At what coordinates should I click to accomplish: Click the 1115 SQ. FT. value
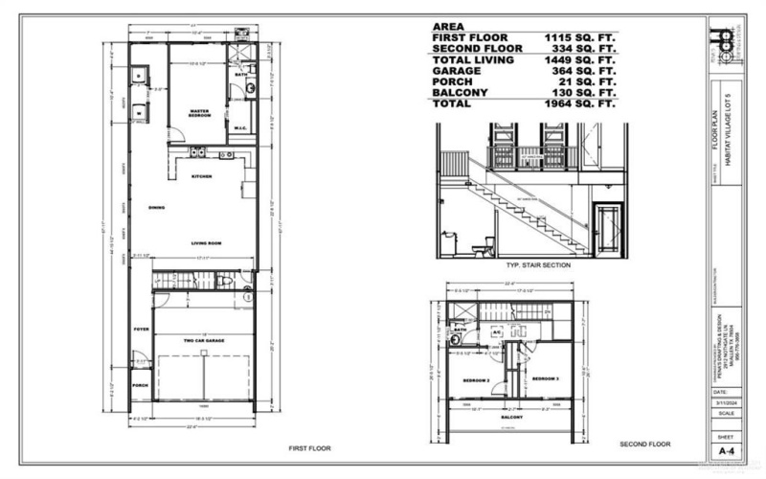click(x=577, y=37)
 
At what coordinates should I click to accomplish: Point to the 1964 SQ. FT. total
click(x=577, y=103)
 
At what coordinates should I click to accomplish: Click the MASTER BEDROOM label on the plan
click(x=199, y=113)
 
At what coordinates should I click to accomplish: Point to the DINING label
click(x=158, y=207)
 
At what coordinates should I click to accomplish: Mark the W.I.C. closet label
click(x=242, y=131)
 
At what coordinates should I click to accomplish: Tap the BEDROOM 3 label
click(x=545, y=378)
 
